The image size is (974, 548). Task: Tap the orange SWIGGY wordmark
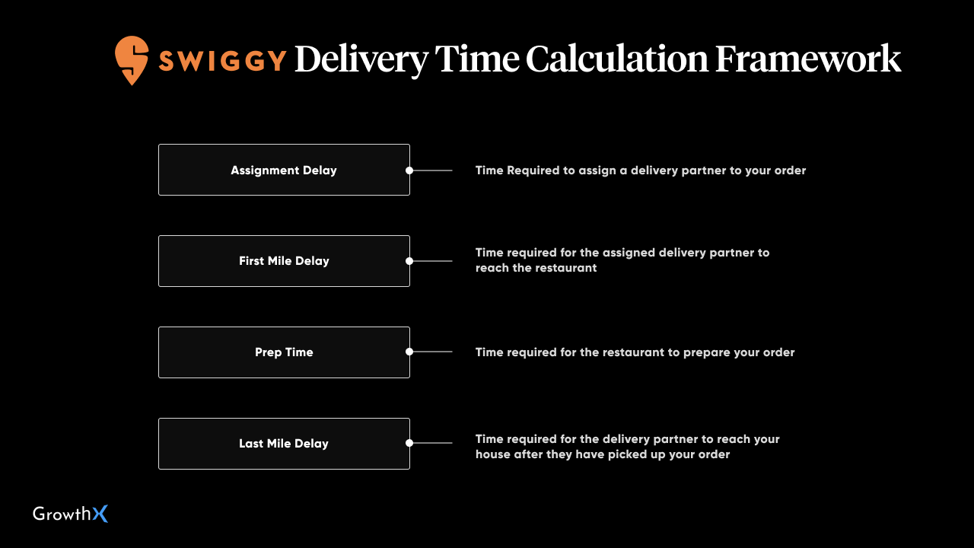click(223, 60)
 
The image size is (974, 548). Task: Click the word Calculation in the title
click(617, 59)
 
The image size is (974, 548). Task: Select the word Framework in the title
click(808, 59)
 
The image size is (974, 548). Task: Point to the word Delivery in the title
click(361, 60)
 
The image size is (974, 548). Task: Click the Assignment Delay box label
click(284, 170)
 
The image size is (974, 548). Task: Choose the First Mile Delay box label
click(284, 260)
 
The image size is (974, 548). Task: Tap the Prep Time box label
click(284, 352)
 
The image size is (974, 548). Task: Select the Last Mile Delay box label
click(284, 444)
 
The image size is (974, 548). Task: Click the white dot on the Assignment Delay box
click(409, 170)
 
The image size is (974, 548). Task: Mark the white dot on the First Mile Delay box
click(409, 261)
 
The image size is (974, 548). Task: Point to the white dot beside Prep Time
click(409, 352)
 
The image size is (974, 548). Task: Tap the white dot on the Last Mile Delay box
click(409, 443)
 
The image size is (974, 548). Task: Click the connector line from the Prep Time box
click(433, 352)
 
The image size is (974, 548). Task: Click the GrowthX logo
click(71, 514)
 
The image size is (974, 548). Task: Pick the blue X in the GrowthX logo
click(100, 514)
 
